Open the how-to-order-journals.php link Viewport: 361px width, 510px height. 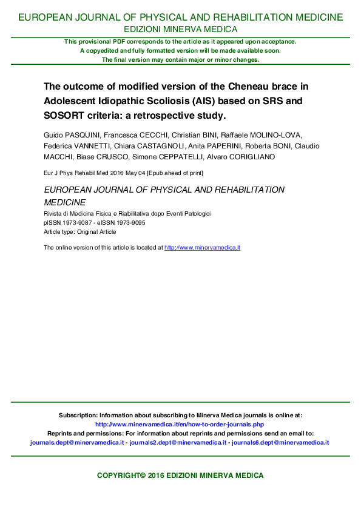coord(180,425)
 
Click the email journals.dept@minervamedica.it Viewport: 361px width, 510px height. coord(77,443)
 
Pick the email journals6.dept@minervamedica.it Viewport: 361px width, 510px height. coord(280,443)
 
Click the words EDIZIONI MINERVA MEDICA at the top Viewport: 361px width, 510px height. coord(180,29)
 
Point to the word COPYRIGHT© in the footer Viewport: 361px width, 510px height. coord(122,476)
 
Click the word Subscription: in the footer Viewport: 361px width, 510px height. coord(78,416)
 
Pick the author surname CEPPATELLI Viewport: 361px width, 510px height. coord(182,157)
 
